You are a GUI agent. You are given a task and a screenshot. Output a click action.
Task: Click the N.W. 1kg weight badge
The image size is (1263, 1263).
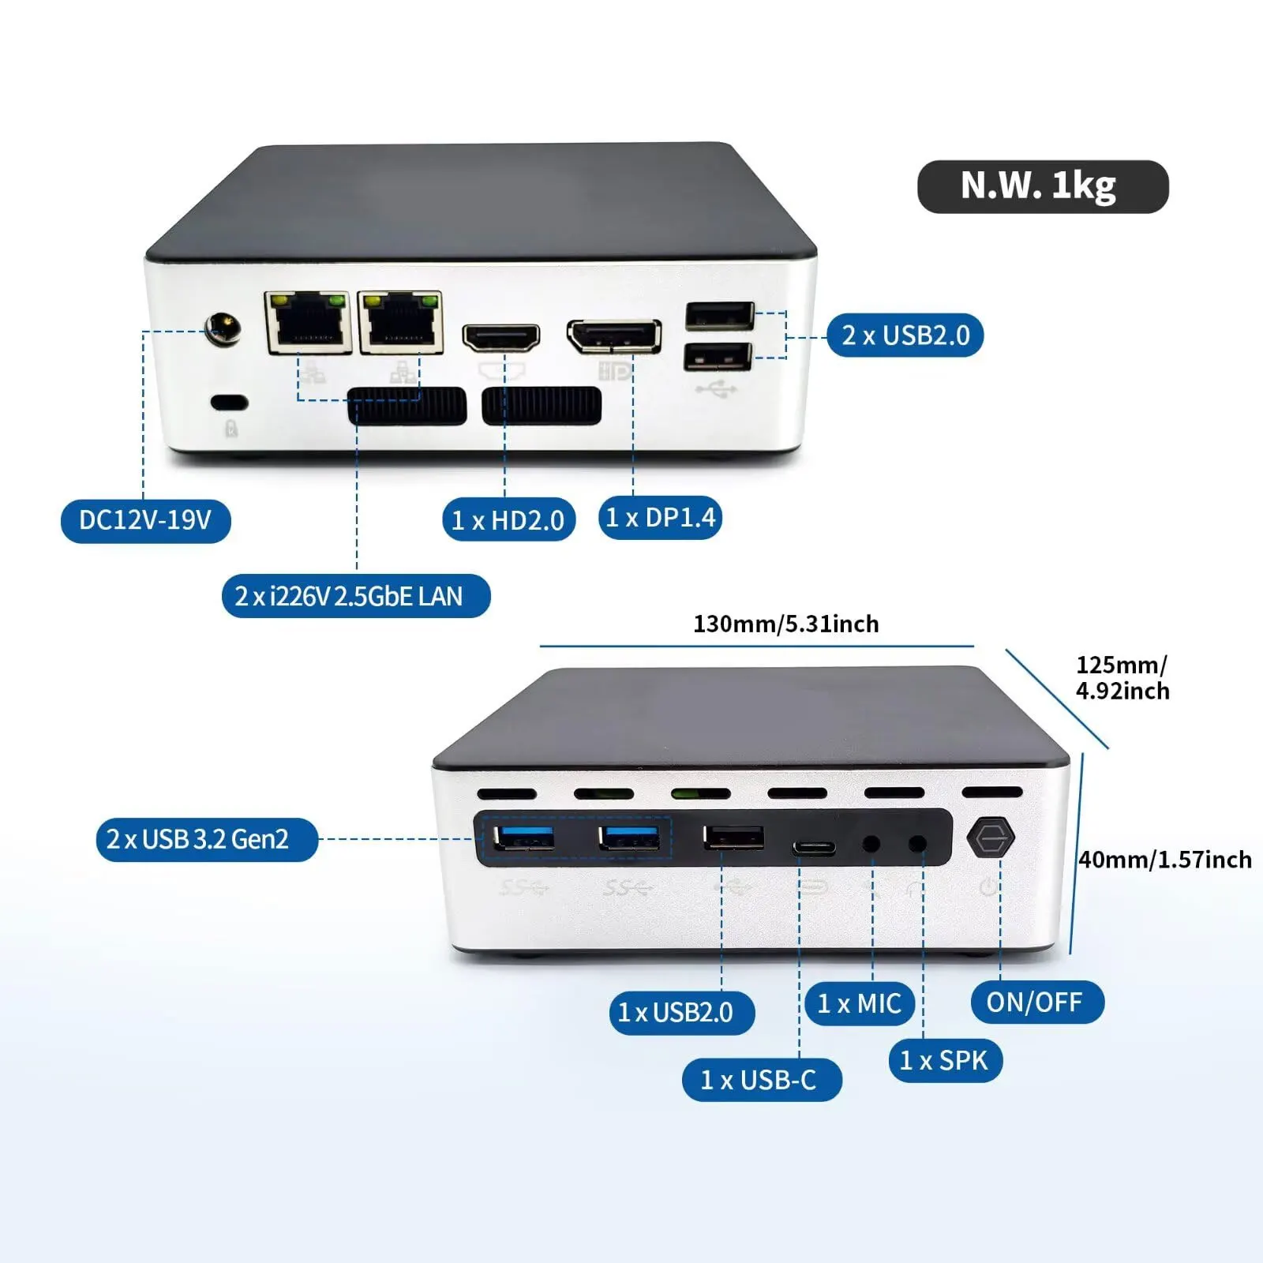[1042, 186]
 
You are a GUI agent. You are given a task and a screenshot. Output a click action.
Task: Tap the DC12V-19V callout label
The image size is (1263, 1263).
[146, 520]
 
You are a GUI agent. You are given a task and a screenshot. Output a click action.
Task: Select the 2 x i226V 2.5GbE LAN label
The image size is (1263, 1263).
[356, 596]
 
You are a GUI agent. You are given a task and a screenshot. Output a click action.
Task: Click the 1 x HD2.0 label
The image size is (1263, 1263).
[508, 520]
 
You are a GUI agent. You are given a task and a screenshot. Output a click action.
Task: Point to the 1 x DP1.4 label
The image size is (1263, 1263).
[660, 518]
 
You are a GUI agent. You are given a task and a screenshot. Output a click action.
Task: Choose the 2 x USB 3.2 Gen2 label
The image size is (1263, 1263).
[207, 839]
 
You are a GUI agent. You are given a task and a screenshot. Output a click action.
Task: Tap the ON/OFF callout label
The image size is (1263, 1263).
[1036, 1003]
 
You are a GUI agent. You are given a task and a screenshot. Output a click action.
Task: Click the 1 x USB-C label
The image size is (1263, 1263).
[762, 1080]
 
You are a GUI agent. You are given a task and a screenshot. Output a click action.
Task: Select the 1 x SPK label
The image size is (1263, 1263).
[945, 1060]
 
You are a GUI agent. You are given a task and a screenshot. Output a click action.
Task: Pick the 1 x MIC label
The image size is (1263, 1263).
[860, 1003]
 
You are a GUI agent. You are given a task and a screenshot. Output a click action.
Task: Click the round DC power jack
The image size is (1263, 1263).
[223, 328]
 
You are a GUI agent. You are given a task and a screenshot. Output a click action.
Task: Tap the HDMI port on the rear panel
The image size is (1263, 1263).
[500, 338]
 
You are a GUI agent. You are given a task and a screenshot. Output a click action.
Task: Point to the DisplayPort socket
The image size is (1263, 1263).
[614, 336]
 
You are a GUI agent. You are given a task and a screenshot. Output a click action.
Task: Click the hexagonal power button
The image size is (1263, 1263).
[991, 838]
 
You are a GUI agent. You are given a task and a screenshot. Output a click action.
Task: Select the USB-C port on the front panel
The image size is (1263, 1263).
[814, 849]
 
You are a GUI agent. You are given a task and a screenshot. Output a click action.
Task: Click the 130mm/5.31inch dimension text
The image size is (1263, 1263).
[785, 624]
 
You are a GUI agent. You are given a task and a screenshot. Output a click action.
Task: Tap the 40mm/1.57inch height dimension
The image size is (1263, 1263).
[1164, 860]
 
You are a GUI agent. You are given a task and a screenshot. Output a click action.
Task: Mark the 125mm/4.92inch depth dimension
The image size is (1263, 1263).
[1122, 677]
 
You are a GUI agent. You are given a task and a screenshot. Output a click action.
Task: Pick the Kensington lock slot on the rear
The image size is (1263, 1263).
[230, 403]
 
